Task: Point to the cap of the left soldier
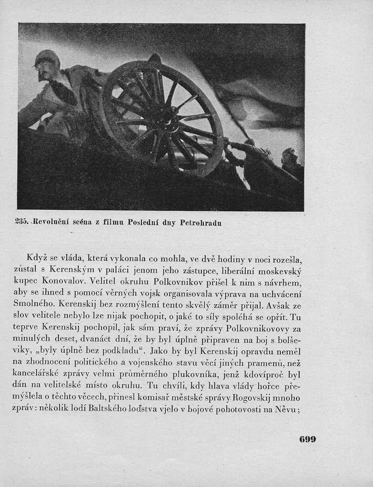click(47, 55)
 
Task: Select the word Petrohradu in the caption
click(200, 223)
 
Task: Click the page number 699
click(308, 440)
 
